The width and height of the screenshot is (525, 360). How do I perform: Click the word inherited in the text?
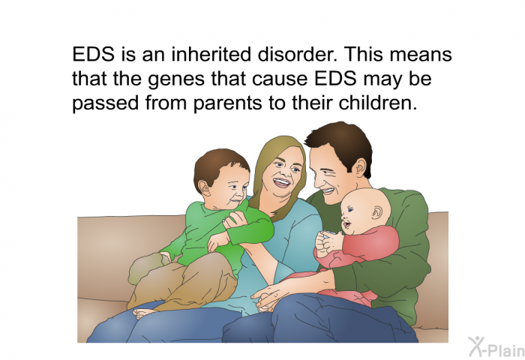[x=211, y=54]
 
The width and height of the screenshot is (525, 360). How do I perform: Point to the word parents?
[x=228, y=103]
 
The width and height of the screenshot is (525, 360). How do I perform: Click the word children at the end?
[x=378, y=103]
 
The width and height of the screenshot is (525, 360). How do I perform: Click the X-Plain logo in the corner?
[x=496, y=347]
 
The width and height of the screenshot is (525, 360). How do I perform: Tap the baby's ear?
[x=376, y=212]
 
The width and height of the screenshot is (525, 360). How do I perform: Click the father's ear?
[x=360, y=167]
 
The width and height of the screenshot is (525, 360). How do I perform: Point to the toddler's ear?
[x=204, y=188]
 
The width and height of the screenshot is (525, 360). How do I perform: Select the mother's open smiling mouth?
[x=281, y=183]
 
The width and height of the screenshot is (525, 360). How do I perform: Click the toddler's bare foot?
[x=143, y=313]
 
